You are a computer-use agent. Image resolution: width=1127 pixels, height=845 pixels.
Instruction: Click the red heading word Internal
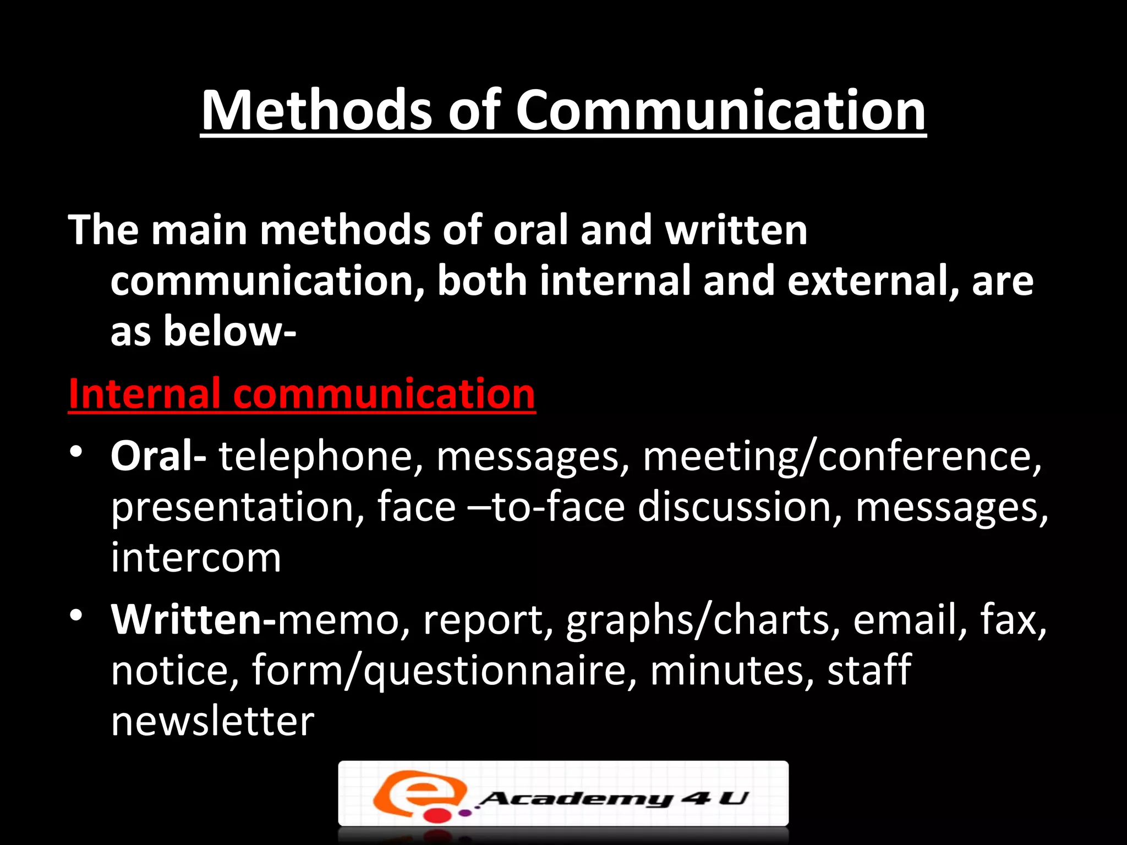pyautogui.click(x=144, y=394)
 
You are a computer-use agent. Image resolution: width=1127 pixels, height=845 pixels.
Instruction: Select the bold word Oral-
pyautogui.click(x=158, y=456)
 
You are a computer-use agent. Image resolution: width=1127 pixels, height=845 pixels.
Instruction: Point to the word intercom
pyautogui.click(x=196, y=557)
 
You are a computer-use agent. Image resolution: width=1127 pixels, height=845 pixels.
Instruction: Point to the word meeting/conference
pyautogui.click(x=841, y=456)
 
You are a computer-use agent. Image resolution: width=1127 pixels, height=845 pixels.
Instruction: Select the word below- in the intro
pyautogui.click(x=229, y=332)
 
